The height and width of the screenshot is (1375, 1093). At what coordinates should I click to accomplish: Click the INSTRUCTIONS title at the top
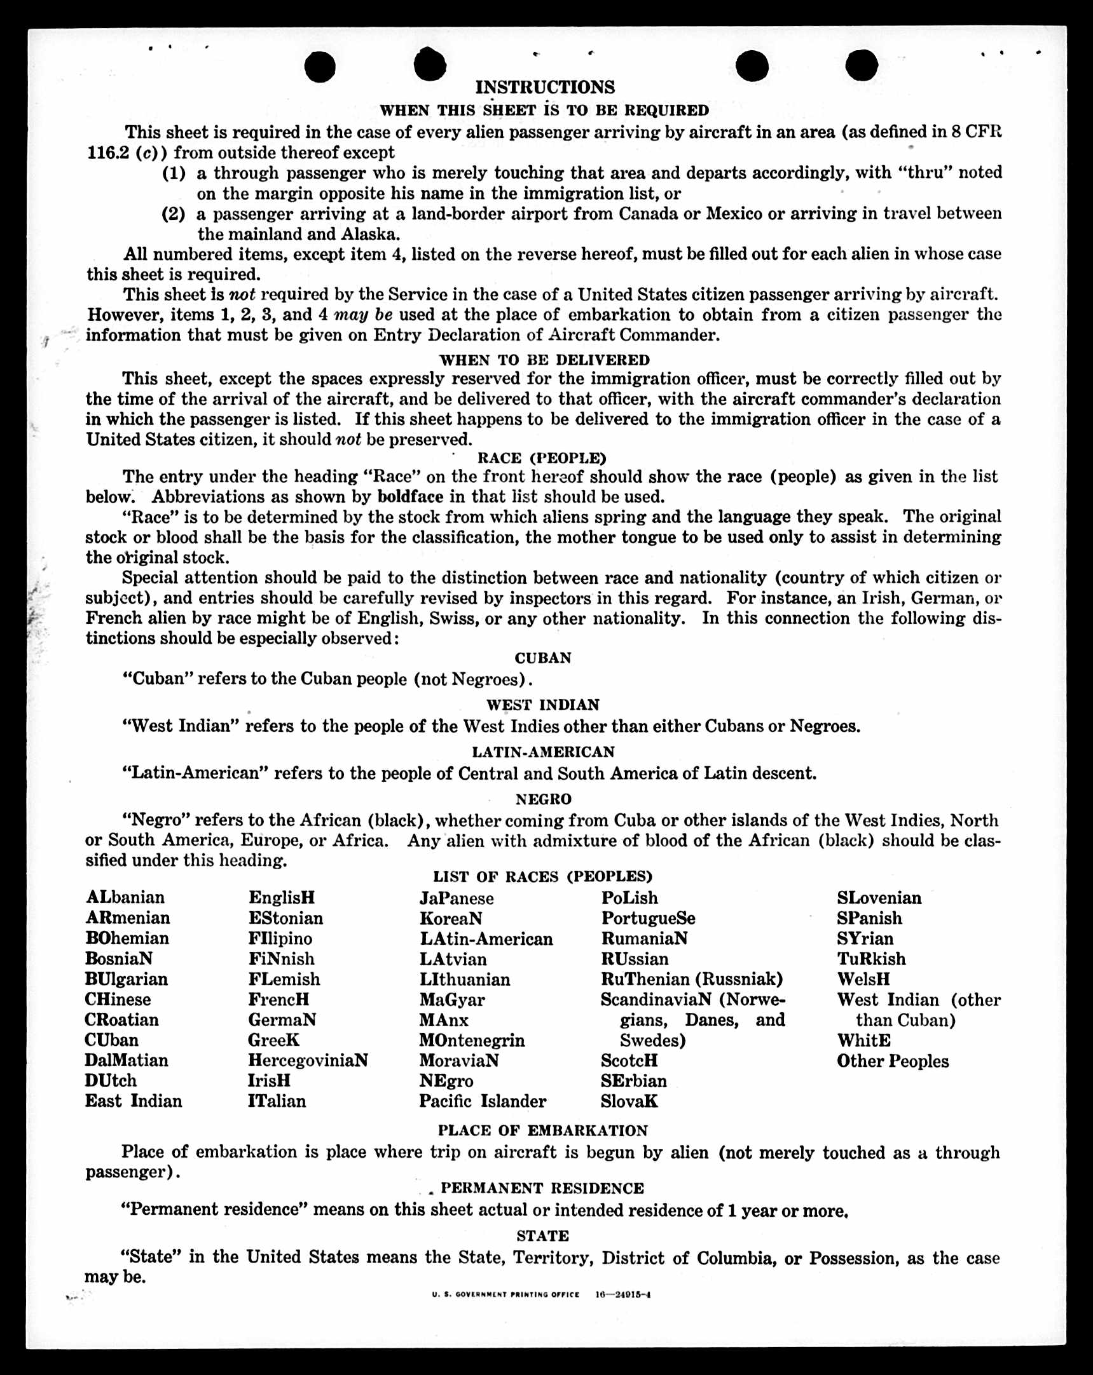pyautogui.click(x=545, y=87)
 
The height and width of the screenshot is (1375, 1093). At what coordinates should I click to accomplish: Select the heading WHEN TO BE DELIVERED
pyautogui.click(x=544, y=360)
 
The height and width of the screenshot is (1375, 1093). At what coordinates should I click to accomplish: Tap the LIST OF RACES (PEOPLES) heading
pyautogui.click(x=542, y=877)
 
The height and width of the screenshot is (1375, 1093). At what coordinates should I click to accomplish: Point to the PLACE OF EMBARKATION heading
pyautogui.click(x=542, y=1131)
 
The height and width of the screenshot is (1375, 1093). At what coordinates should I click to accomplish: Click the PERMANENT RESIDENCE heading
pyautogui.click(x=542, y=1188)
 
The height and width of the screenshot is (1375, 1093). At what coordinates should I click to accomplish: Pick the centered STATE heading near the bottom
pyautogui.click(x=542, y=1235)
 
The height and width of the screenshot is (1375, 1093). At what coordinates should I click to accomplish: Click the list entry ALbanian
pyautogui.click(x=125, y=897)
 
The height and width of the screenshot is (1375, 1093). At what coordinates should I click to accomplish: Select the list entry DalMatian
pyautogui.click(x=127, y=1060)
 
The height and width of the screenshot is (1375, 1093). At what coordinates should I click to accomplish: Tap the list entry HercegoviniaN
pyautogui.click(x=308, y=1060)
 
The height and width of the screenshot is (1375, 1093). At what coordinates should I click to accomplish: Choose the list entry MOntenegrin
pyautogui.click(x=472, y=1040)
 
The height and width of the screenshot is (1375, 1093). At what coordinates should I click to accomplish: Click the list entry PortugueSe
pyautogui.click(x=648, y=918)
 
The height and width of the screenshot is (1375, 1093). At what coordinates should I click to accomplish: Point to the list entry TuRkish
pyautogui.click(x=871, y=959)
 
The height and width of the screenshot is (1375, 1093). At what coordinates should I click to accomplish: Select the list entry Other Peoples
pyautogui.click(x=893, y=1061)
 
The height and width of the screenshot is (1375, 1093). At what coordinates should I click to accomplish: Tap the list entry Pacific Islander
pyautogui.click(x=483, y=1101)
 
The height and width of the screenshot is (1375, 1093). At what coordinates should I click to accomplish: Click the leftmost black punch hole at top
pyautogui.click(x=320, y=67)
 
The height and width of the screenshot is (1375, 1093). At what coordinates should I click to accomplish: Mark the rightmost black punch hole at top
pyautogui.click(x=862, y=65)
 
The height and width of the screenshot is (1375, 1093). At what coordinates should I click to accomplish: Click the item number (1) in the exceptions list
pyautogui.click(x=174, y=173)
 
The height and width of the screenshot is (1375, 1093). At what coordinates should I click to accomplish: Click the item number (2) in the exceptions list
pyautogui.click(x=174, y=213)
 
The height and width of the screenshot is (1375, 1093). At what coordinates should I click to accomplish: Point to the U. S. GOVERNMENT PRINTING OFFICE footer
pyautogui.click(x=505, y=1295)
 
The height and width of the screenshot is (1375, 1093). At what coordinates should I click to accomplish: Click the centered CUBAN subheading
pyautogui.click(x=543, y=658)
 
